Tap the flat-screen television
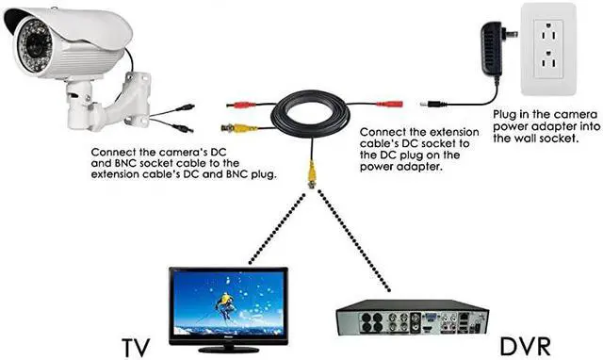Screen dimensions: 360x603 (x=228, y=303)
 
